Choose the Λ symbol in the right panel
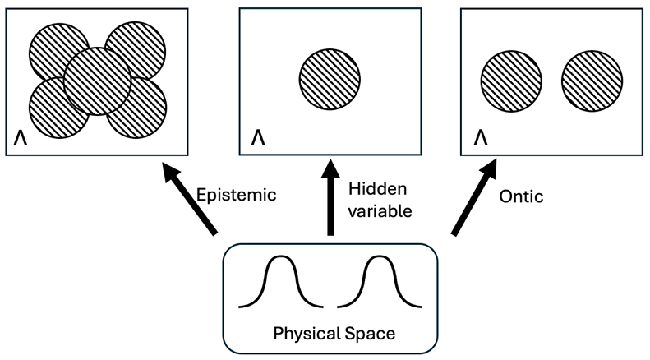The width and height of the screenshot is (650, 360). coord(478,134)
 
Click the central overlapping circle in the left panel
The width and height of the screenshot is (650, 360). coord(97,81)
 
